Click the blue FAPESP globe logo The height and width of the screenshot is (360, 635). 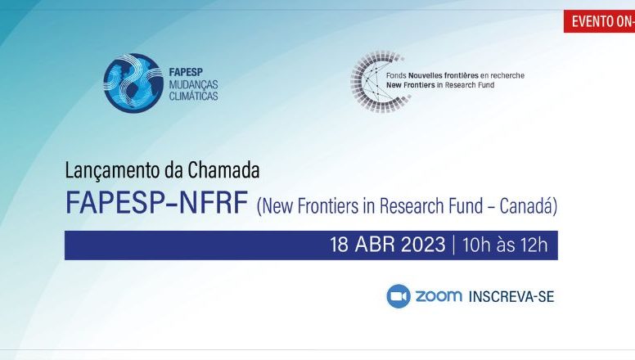tap(133, 83)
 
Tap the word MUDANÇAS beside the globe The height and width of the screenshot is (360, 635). tap(193, 84)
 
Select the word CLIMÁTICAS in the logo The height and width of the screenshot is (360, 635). tap(193, 96)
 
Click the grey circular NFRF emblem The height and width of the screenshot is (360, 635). tap(379, 81)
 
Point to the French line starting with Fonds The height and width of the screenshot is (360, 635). tap(455, 75)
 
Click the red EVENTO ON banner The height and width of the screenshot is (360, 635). tap(599, 21)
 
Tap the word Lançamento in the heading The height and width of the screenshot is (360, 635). tap(113, 170)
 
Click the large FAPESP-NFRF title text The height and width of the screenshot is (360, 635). tap(156, 202)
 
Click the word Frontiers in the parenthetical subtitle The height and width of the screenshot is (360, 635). tap(328, 205)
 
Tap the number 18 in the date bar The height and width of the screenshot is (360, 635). tap(340, 245)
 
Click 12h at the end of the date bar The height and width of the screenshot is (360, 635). tap(535, 245)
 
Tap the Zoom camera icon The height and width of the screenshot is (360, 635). tap(399, 296)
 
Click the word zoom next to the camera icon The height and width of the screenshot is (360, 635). tap(439, 296)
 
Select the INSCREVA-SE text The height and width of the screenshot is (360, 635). tap(511, 297)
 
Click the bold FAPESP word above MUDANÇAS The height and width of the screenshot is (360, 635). tap(186, 73)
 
